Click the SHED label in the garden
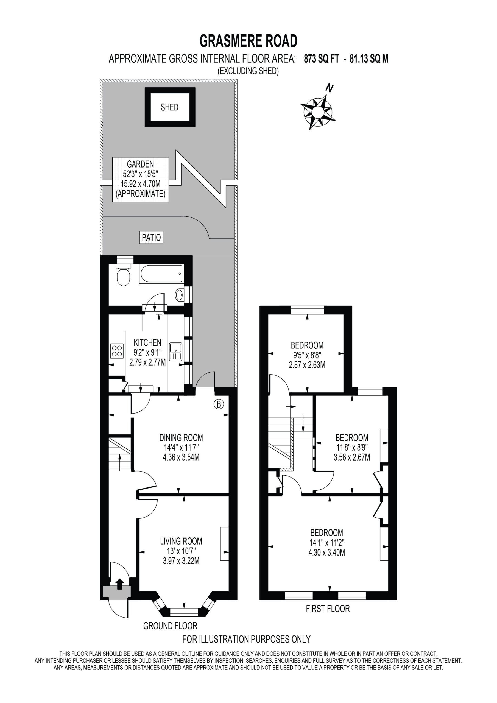point(169,107)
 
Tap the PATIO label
point(151,237)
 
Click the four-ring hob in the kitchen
point(117,351)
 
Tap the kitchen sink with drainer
point(175,351)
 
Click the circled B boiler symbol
point(219,404)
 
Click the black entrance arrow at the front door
point(119,584)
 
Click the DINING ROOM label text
point(181,437)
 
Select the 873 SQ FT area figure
point(322,58)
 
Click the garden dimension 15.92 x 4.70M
point(141,184)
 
